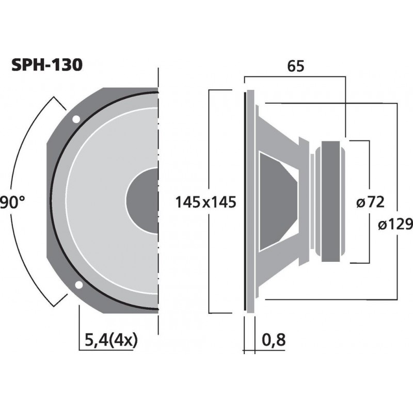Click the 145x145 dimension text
point(205,202)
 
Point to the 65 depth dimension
point(295,66)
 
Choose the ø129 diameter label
point(394,224)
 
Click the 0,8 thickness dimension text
point(274,340)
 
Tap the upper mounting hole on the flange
point(76,119)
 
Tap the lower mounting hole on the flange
point(78,284)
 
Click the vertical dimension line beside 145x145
point(209,155)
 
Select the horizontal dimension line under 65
point(294,76)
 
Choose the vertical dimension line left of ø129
point(396,155)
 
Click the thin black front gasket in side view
point(245,201)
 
